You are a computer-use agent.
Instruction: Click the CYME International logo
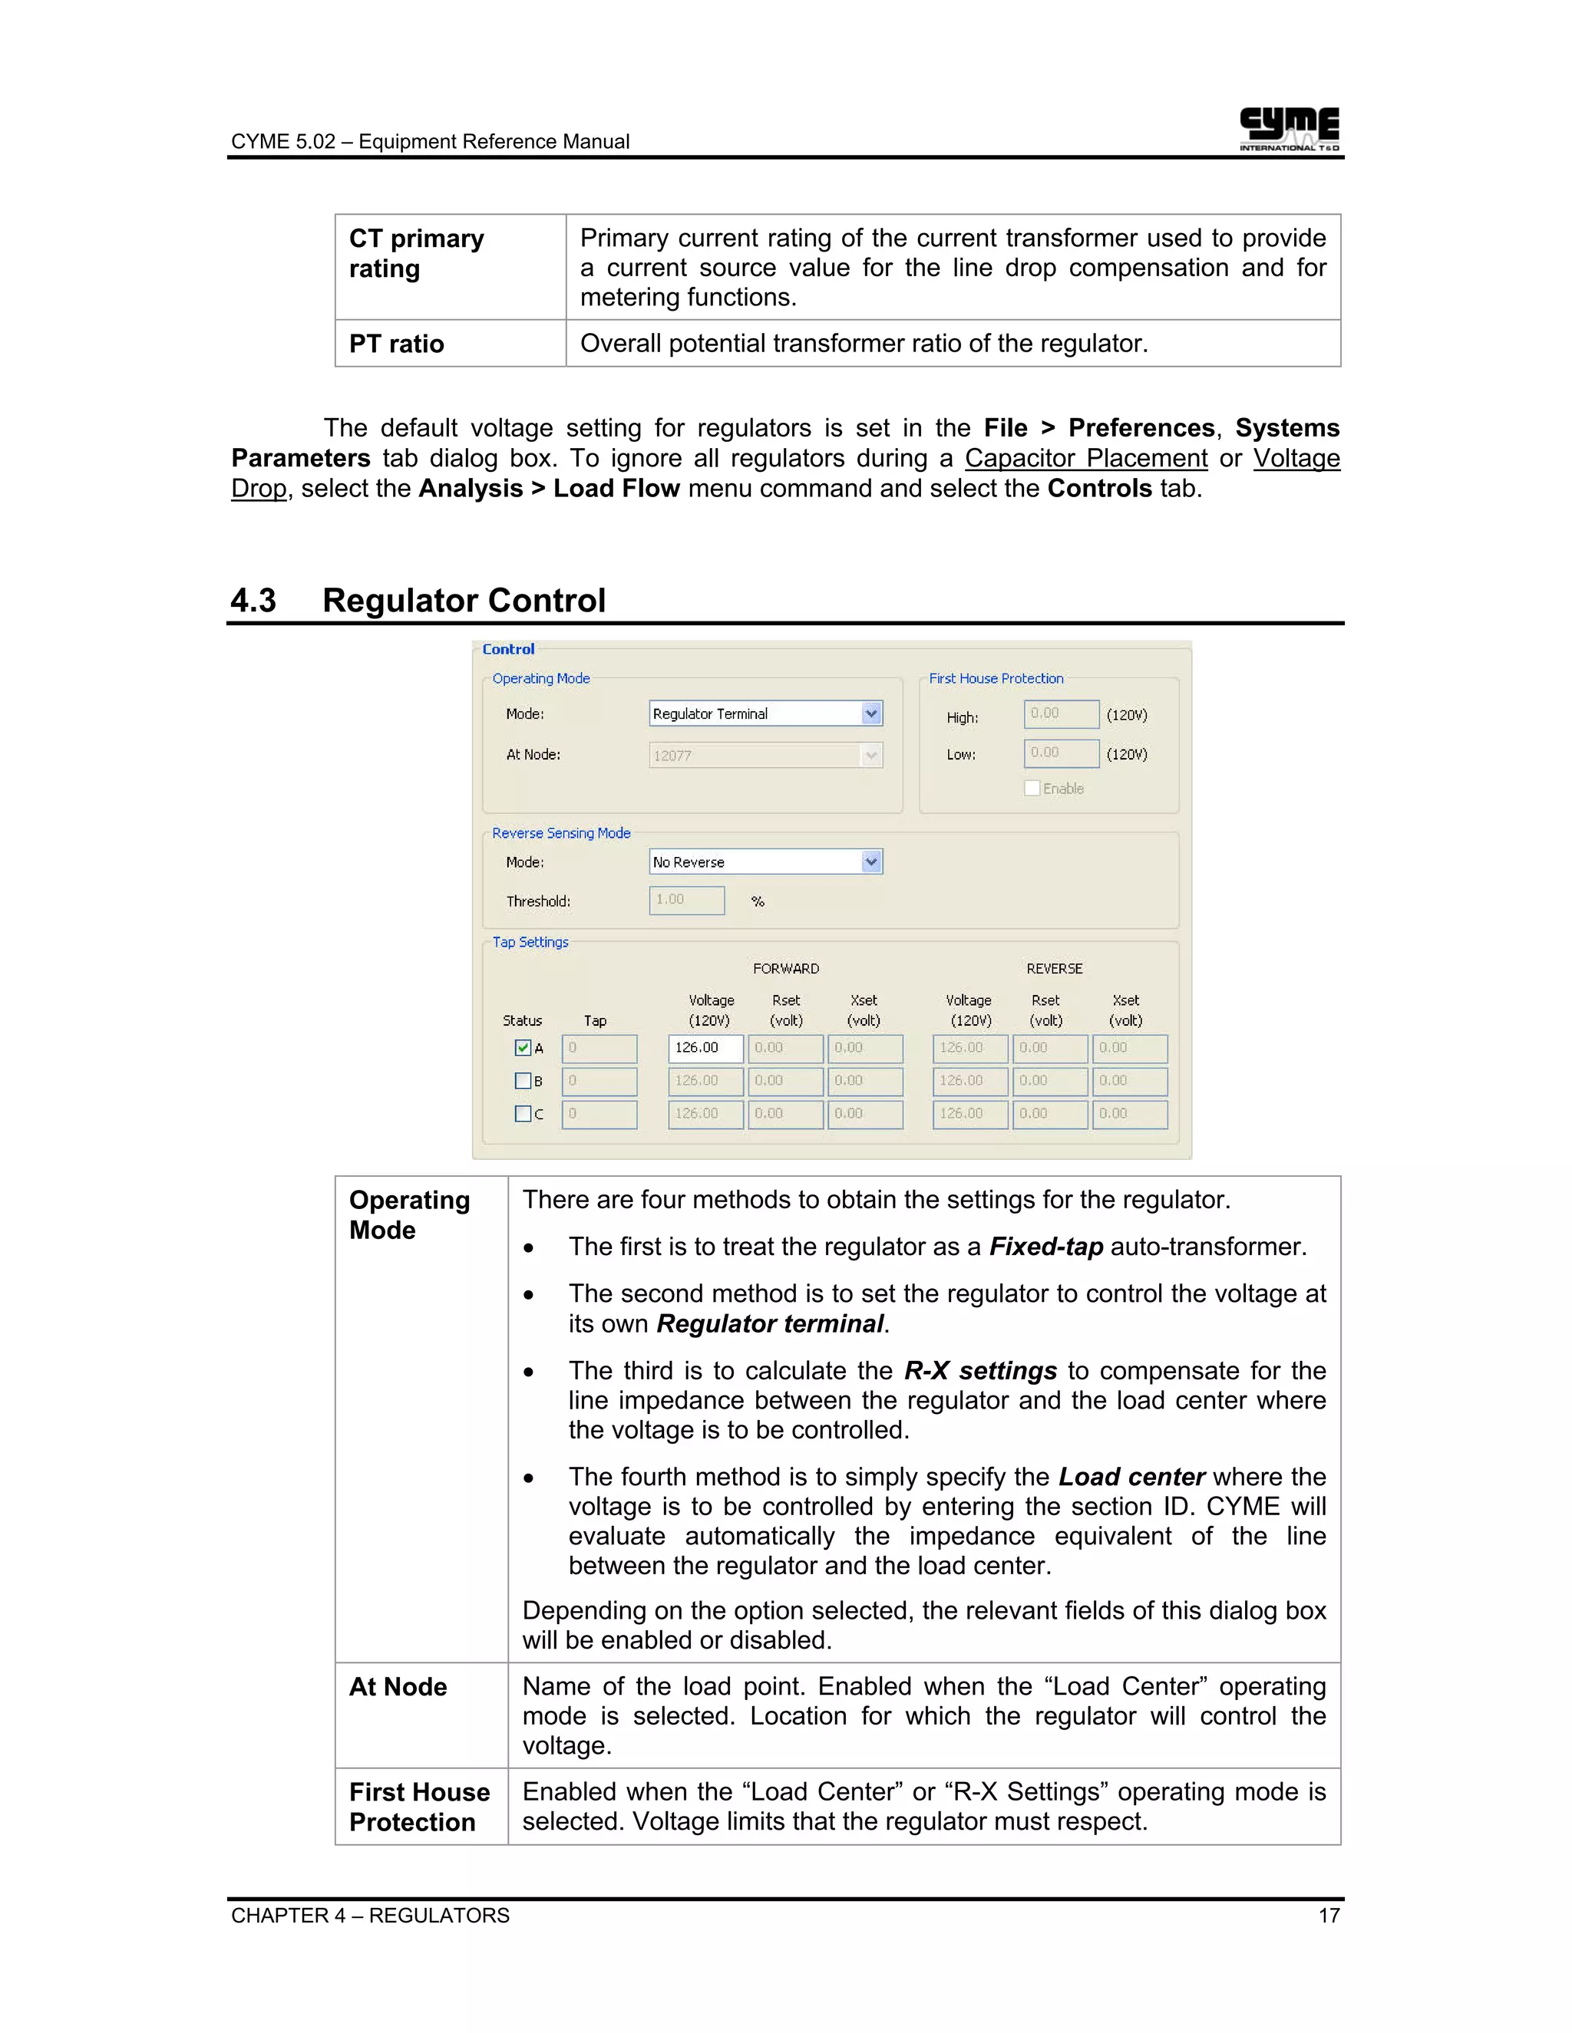[x=1288, y=128]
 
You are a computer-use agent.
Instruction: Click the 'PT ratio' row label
[x=396, y=344]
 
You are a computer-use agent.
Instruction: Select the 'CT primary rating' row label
[x=416, y=253]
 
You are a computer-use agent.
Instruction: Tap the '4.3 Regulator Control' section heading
[x=418, y=601]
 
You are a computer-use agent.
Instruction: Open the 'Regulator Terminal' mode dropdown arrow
[x=870, y=714]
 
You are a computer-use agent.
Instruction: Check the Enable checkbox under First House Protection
[x=1032, y=789]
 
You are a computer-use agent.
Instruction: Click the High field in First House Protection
[x=1061, y=714]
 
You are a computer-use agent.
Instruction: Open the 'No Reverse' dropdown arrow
[x=870, y=862]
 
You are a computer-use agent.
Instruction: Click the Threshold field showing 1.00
[x=686, y=900]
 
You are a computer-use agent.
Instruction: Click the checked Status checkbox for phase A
[x=523, y=1048]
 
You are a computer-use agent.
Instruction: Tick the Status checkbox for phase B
[x=523, y=1081]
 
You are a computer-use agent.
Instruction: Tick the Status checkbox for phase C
[x=523, y=1113]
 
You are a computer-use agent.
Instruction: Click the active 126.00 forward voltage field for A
[x=705, y=1048]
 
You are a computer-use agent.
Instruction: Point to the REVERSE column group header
[x=1054, y=969]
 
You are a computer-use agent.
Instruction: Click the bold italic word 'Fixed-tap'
[x=1046, y=1247]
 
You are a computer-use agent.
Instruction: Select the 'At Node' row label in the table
[x=398, y=1687]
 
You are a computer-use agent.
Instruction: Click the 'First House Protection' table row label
[x=418, y=1807]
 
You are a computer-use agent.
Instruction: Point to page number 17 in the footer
[x=1328, y=1916]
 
